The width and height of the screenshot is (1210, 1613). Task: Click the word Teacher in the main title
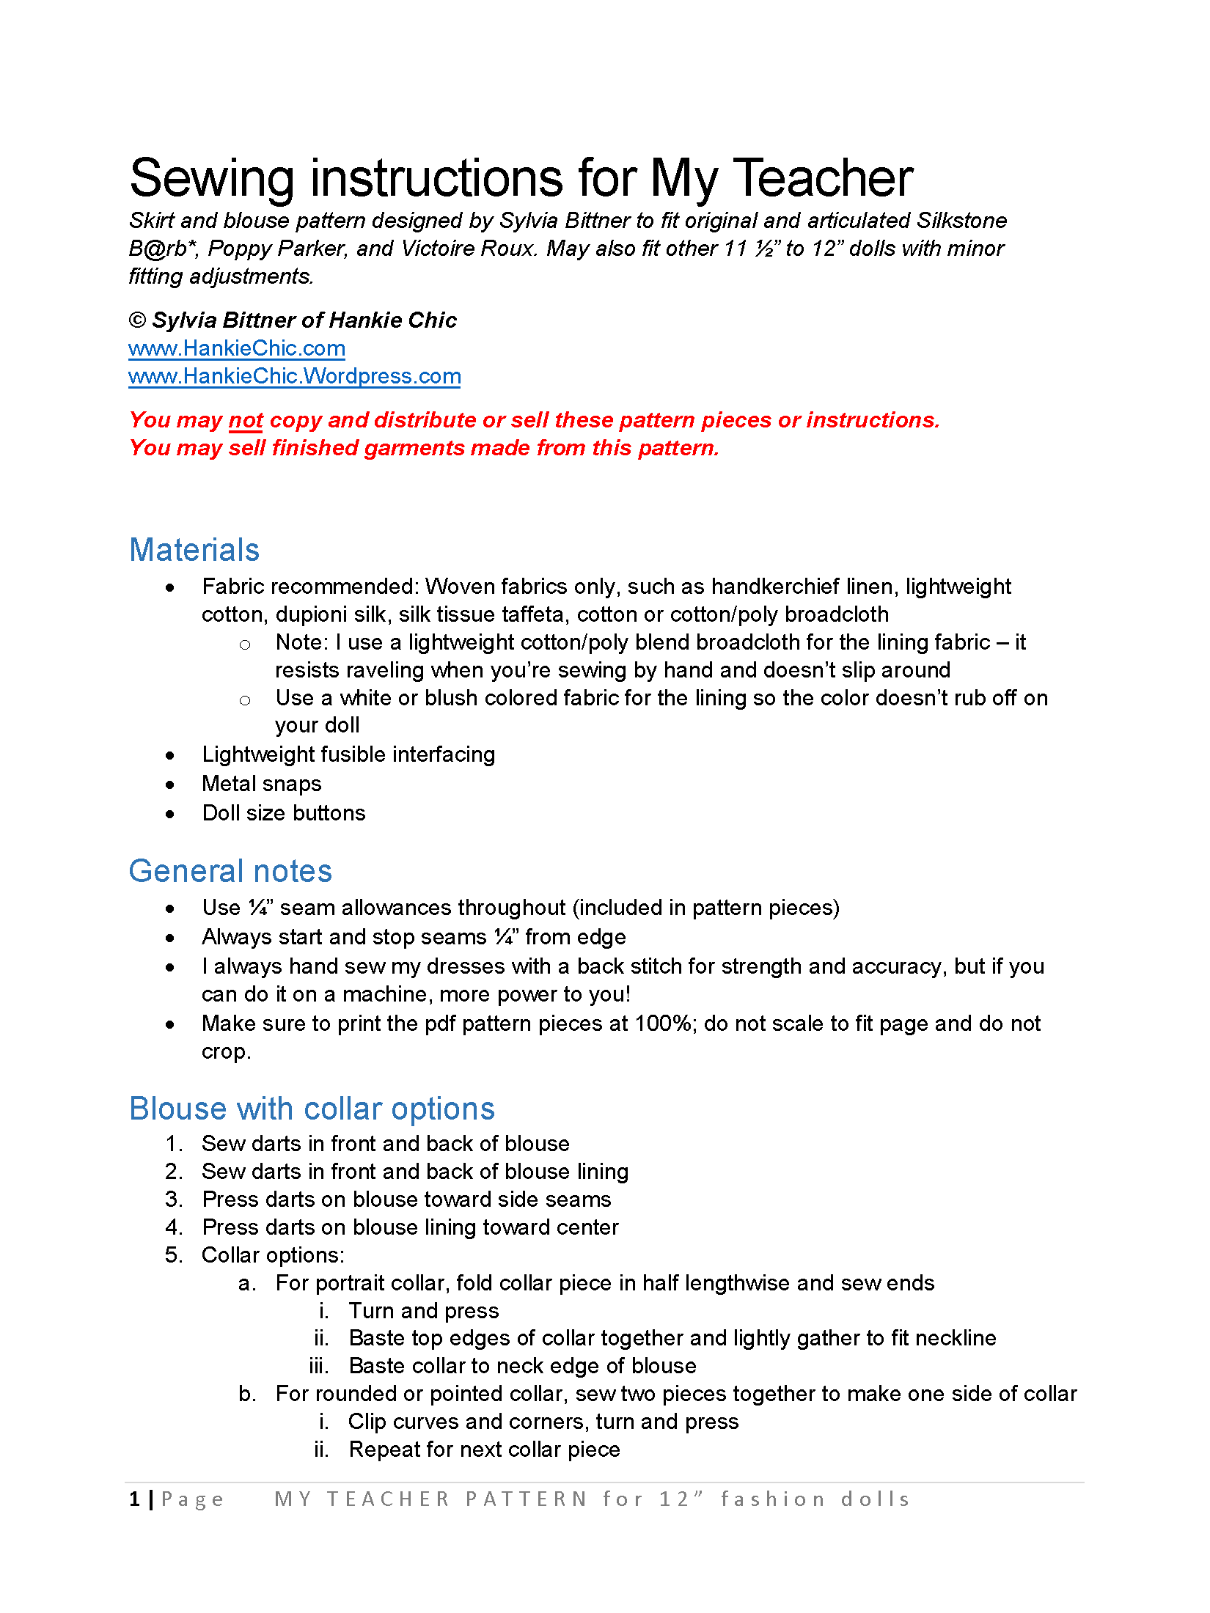pyautogui.click(x=823, y=178)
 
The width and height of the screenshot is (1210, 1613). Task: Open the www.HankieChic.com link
pyautogui.click(x=237, y=348)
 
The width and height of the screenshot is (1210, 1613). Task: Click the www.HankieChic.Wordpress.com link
pyautogui.click(x=294, y=376)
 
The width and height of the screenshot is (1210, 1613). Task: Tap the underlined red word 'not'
pyautogui.click(x=246, y=420)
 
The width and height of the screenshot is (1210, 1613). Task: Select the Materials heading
pyautogui.click(x=194, y=550)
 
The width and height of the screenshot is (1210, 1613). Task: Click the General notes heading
pyautogui.click(x=230, y=871)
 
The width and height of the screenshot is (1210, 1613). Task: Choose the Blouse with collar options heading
pyautogui.click(x=312, y=1109)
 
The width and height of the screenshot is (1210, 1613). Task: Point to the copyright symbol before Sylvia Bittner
pyautogui.click(x=137, y=320)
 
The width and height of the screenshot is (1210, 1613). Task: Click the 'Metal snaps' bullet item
pyautogui.click(x=262, y=784)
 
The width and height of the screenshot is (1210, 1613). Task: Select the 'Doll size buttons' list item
pyautogui.click(x=284, y=813)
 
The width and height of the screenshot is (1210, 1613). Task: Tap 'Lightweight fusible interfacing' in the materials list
pyautogui.click(x=348, y=754)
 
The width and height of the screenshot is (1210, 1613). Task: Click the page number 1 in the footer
pyautogui.click(x=135, y=1499)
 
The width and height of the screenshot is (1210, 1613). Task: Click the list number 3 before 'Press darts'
pyautogui.click(x=173, y=1199)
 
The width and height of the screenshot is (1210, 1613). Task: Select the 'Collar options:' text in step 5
pyautogui.click(x=273, y=1255)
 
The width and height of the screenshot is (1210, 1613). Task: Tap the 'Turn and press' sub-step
pyautogui.click(x=424, y=1311)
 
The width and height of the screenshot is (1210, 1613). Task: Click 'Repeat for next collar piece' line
pyautogui.click(x=485, y=1450)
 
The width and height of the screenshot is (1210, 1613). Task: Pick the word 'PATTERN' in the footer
pyautogui.click(x=527, y=1499)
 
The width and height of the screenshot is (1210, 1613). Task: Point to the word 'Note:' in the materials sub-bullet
pyautogui.click(x=301, y=642)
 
